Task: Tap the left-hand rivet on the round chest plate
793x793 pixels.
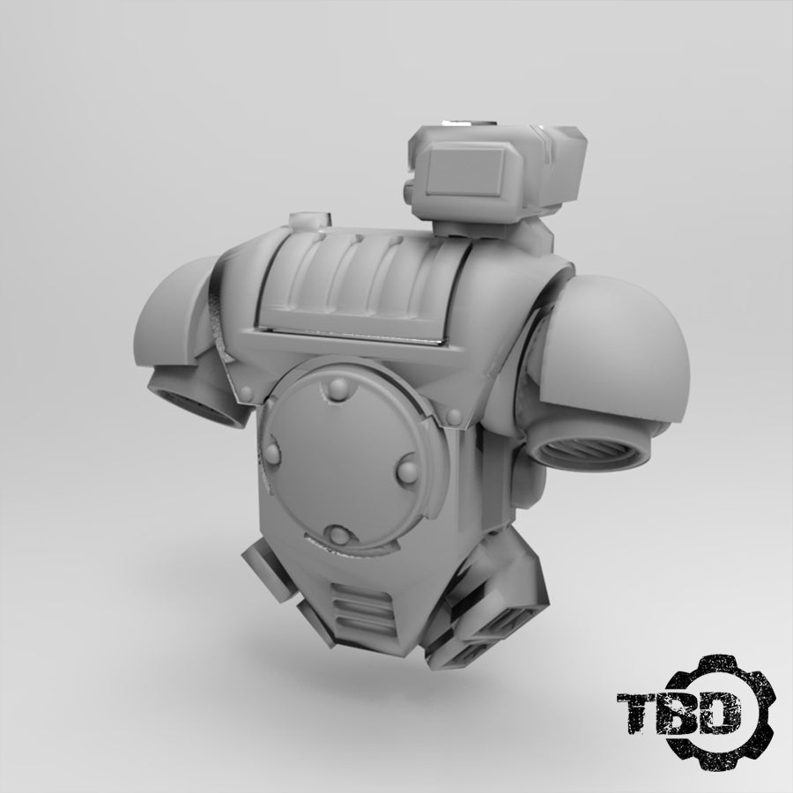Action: point(271,452)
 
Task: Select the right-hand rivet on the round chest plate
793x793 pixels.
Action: point(408,471)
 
